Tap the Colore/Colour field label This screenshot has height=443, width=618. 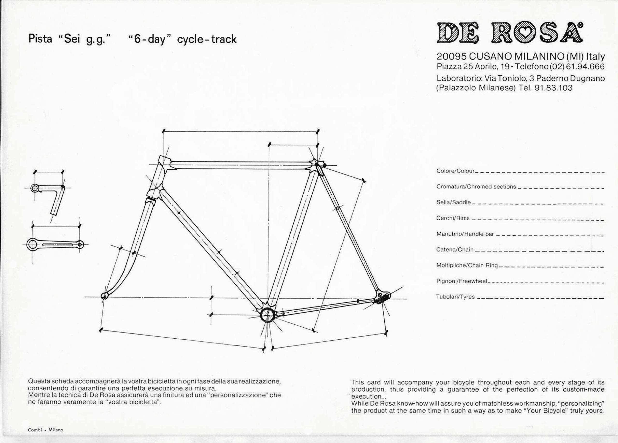[x=455, y=171]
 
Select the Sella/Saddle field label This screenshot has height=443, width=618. [x=453, y=202]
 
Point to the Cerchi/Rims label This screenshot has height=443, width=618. [x=453, y=218]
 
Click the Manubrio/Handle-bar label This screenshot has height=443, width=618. [x=465, y=234]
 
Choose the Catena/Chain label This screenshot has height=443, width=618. [x=455, y=250]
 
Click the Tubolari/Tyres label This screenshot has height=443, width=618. [x=455, y=297]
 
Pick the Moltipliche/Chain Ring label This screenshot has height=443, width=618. [x=467, y=265]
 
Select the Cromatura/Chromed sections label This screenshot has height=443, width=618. [x=476, y=187]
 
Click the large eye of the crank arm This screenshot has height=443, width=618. [x=32, y=244]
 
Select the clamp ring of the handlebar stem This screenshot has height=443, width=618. [x=35, y=188]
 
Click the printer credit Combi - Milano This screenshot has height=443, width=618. [x=46, y=430]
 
